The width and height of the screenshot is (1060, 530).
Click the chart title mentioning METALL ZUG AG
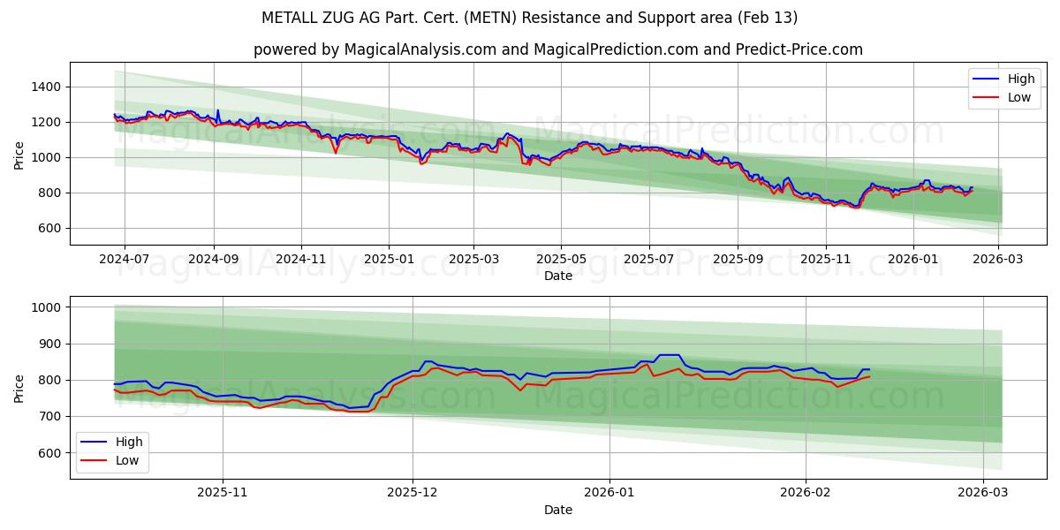pos(529,18)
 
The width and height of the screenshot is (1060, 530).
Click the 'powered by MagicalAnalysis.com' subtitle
pos(557,49)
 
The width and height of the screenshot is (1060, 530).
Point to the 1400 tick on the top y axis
pos(44,87)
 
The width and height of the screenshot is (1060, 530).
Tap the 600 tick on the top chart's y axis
pos(48,228)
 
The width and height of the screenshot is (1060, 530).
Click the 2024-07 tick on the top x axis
pos(124,259)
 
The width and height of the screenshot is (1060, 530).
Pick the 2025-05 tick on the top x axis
pos(561,259)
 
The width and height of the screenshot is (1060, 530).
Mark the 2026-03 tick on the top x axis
pos(998,259)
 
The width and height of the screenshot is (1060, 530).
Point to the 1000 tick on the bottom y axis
pos(44,307)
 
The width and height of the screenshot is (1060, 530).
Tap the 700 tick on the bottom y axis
pos(48,416)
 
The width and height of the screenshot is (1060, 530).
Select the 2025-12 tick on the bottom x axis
pos(413,493)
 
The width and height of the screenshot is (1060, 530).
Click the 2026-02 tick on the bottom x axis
pos(806,493)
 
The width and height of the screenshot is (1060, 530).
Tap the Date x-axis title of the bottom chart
pos(557,510)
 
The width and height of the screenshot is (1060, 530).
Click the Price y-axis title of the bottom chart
pos(19,388)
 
